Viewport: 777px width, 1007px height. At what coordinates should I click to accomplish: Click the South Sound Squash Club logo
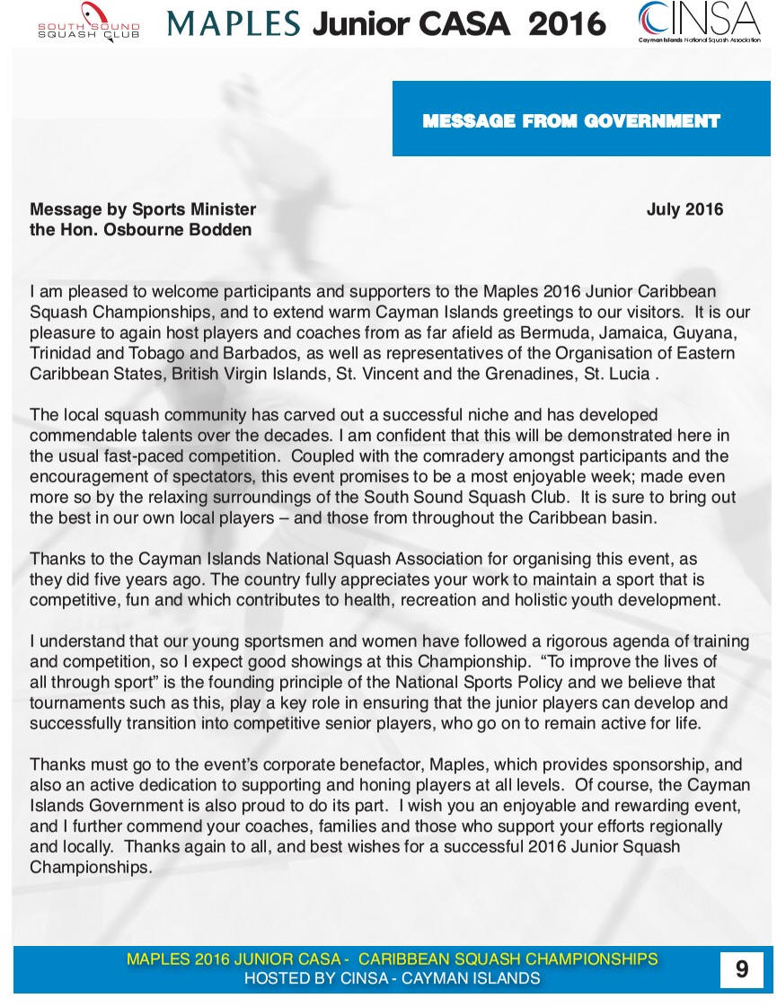(x=88, y=22)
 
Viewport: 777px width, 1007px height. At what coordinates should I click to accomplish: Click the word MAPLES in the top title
(x=234, y=23)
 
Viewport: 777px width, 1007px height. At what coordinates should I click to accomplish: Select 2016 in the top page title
(x=567, y=23)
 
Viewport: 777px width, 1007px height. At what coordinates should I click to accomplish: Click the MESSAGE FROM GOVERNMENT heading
(x=571, y=121)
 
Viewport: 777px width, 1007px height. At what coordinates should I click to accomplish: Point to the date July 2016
(x=684, y=210)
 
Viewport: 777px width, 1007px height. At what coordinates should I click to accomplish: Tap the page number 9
(x=741, y=969)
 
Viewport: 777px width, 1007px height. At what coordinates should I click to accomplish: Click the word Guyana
(x=705, y=333)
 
